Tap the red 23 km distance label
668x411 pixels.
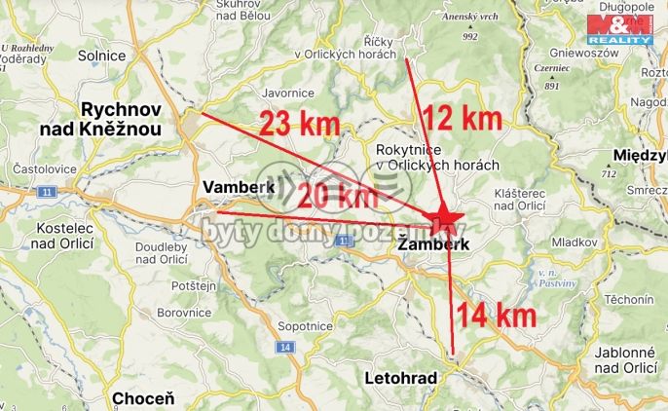click(x=299, y=124)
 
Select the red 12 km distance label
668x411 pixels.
click(x=464, y=120)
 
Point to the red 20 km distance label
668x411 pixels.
click(x=338, y=195)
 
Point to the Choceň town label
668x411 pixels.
click(x=143, y=397)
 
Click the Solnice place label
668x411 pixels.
click(x=104, y=56)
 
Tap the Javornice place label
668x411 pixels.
click(x=288, y=93)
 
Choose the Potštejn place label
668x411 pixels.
click(x=193, y=286)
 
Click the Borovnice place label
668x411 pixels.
click(x=184, y=313)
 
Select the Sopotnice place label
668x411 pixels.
click(x=305, y=326)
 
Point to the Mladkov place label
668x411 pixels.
click(x=574, y=241)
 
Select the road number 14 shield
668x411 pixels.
click(x=284, y=347)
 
